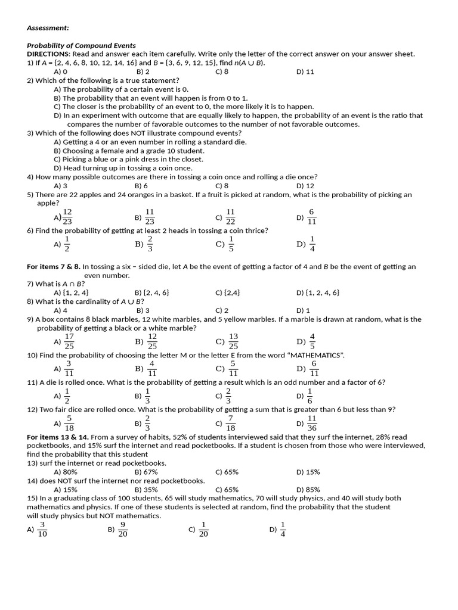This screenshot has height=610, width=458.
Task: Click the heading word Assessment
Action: (x=48, y=27)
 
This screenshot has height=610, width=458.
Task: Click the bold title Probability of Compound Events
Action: (x=81, y=45)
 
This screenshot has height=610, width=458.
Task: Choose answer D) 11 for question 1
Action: (x=305, y=71)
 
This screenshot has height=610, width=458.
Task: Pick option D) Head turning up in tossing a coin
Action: (x=123, y=168)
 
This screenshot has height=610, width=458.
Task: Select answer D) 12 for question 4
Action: (x=305, y=186)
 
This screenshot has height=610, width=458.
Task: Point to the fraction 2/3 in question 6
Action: (x=149, y=244)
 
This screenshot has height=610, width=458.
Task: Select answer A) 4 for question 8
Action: (x=60, y=310)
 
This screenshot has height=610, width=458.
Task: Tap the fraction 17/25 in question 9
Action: (x=69, y=341)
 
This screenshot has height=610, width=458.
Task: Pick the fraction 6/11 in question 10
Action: (x=314, y=368)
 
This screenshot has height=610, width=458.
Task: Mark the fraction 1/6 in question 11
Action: (x=310, y=396)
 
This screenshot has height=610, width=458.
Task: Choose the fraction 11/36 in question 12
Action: (x=311, y=424)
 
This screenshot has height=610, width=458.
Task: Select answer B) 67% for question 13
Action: (x=146, y=472)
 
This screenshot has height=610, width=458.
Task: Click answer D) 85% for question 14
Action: (x=308, y=490)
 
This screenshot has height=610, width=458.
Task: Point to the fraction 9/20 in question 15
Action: (x=123, y=529)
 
